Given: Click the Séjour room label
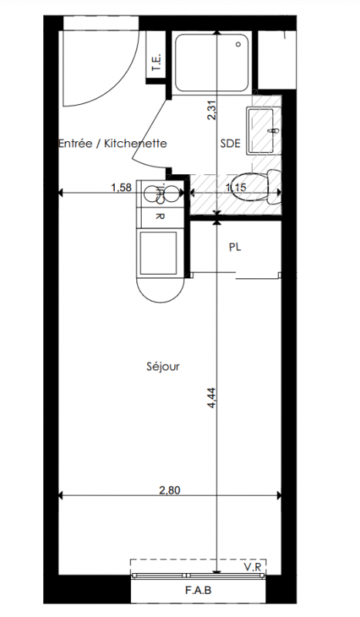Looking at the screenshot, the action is point(163,367).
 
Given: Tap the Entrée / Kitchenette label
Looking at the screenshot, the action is point(113,143).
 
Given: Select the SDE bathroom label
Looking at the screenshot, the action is point(230,143).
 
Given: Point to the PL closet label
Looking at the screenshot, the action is point(235,247).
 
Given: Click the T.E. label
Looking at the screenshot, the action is point(157,62).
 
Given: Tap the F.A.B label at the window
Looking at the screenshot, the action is point(198,590).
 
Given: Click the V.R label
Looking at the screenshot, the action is point(254,567).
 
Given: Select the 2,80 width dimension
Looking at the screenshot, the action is point(170,491).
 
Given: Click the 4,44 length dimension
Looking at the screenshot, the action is point(211,397).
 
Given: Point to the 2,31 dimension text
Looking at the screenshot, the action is point(212,110).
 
